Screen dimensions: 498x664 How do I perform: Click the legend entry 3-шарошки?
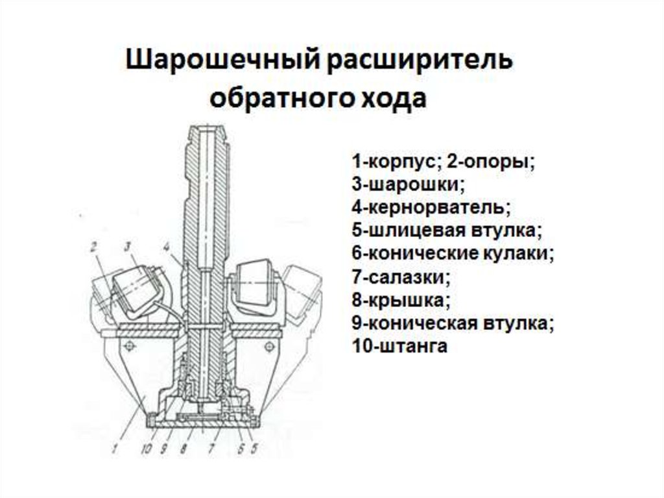[409, 184]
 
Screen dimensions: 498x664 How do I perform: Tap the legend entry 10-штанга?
[400, 347]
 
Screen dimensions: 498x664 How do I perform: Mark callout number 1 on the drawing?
[114, 447]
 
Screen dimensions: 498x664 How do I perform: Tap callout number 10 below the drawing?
[148, 448]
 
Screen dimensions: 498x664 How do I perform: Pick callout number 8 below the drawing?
[185, 448]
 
